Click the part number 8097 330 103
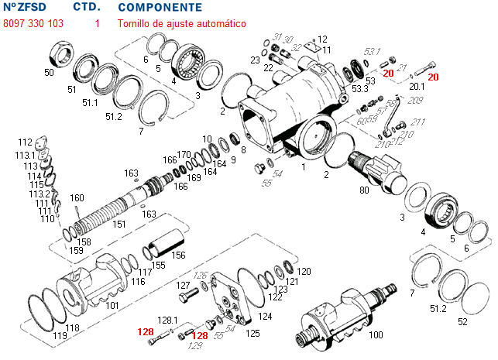pyautogui.click(x=33, y=24)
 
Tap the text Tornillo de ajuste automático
pyautogui.click(x=181, y=24)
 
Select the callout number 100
pyautogui.click(x=376, y=334)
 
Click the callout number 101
pyautogui.click(x=112, y=305)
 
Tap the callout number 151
pyautogui.click(x=119, y=225)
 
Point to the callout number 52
pyautogui.click(x=462, y=321)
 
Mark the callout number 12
pyautogui.click(x=322, y=39)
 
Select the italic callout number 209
pyautogui.click(x=415, y=101)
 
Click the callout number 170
pyautogui.click(x=184, y=154)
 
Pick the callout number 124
pyautogui.click(x=266, y=316)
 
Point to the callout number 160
pyautogui.click(x=77, y=197)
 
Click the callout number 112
pyautogui.click(x=25, y=142)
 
